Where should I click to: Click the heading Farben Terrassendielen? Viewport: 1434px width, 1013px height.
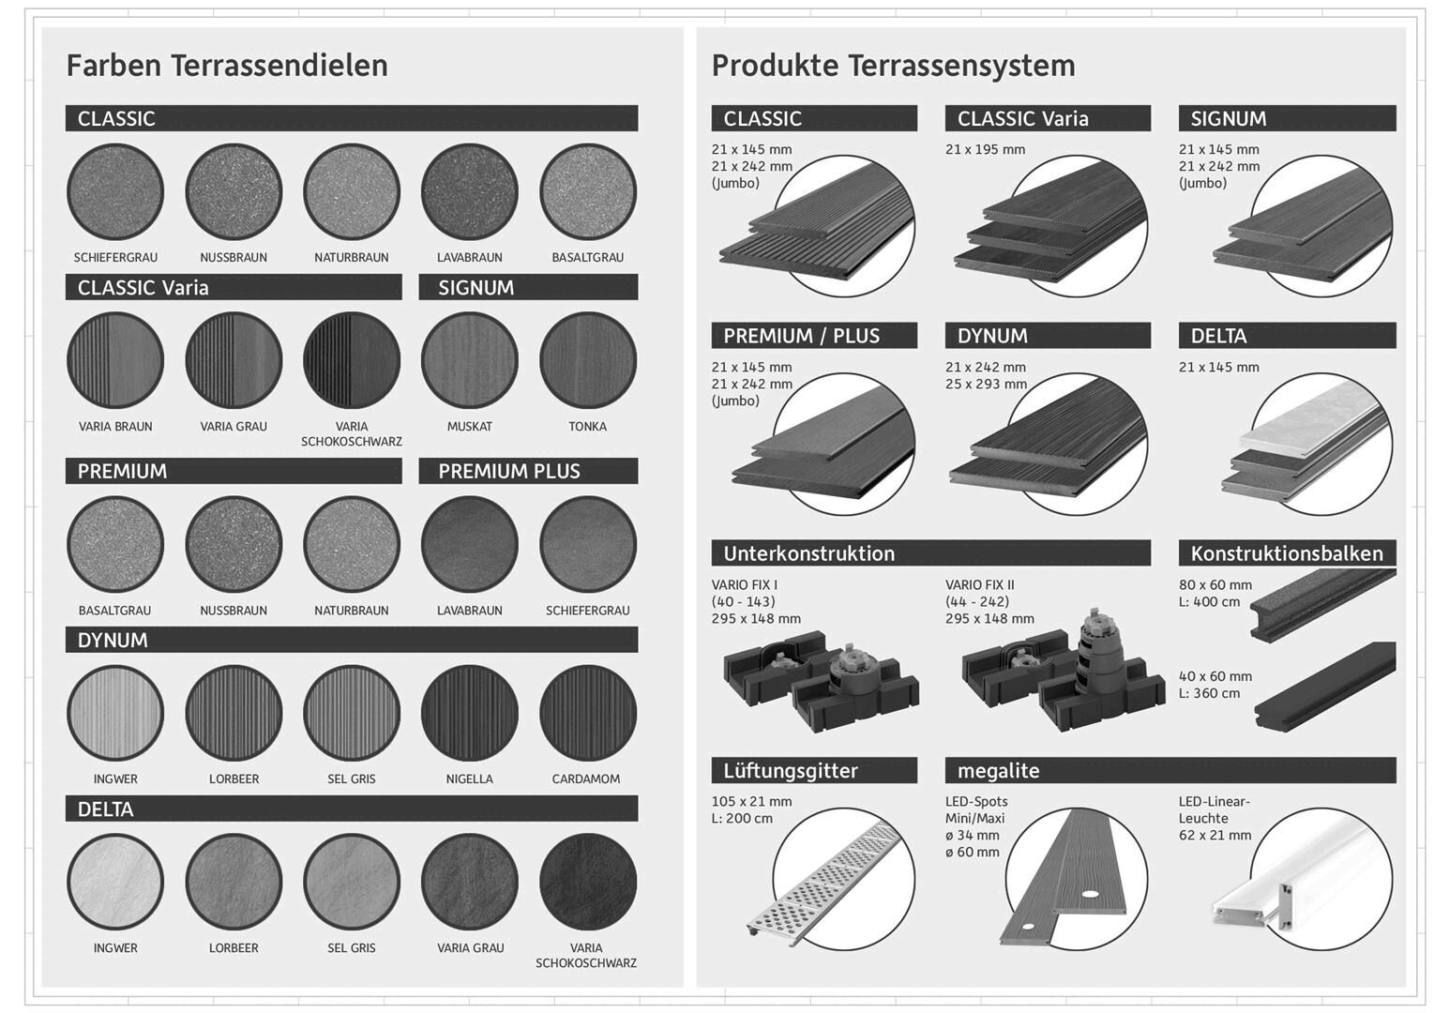(x=227, y=66)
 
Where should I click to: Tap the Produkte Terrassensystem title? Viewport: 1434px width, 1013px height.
(x=893, y=66)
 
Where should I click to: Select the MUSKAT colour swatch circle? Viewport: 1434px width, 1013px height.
(x=469, y=360)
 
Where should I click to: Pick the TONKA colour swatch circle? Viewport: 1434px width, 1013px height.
(x=588, y=360)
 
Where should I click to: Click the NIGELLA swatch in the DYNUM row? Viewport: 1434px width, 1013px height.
(x=469, y=714)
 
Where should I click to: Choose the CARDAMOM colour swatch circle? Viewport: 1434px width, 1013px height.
(x=588, y=714)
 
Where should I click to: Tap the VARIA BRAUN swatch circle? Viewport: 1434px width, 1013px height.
(x=115, y=360)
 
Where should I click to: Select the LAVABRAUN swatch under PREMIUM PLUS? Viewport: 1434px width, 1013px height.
(x=469, y=545)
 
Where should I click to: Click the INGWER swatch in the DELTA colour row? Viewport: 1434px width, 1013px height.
(x=115, y=883)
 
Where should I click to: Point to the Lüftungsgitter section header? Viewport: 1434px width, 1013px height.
(x=814, y=770)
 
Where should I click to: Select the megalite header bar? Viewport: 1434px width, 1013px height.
(x=1170, y=770)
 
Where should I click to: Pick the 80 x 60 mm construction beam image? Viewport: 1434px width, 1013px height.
(x=1322, y=606)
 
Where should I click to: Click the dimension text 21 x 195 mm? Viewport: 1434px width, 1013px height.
(x=986, y=150)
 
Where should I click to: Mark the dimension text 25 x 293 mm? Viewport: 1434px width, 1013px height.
(x=986, y=385)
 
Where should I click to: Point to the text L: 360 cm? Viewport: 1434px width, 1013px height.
(x=1209, y=693)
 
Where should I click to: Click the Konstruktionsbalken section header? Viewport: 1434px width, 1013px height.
(x=1288, y=553)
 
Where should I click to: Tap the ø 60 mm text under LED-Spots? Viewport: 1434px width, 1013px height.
(x=972, y=853)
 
